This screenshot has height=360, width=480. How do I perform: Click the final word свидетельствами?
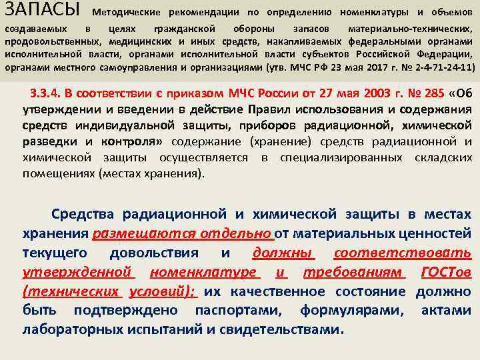(283, 330)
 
